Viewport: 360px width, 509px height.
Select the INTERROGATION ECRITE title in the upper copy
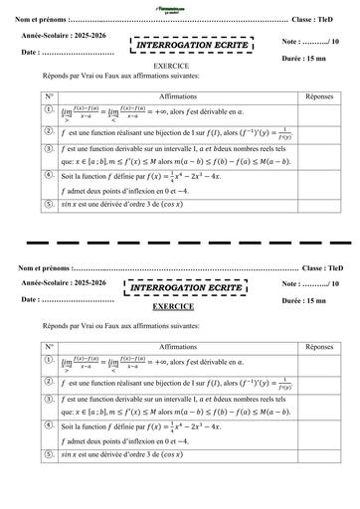tap(189, 44)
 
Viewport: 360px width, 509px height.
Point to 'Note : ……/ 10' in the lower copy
tap(312, 284)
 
